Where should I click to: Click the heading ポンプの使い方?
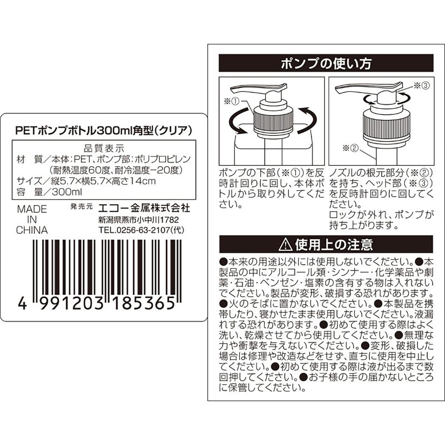(326, 63)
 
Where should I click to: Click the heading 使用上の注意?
(334, 244)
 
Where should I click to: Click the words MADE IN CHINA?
(32, 220)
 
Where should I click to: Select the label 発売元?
(81, 207)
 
